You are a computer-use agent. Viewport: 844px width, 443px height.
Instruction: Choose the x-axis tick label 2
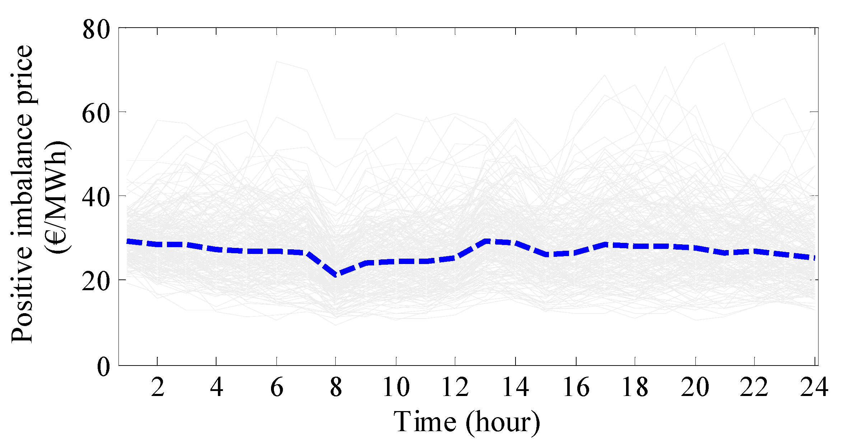click(x=157, y=388)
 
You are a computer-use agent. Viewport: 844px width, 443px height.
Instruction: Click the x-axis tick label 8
click(x=336, y=388)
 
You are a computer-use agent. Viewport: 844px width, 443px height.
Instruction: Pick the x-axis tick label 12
click(x=455, y=388)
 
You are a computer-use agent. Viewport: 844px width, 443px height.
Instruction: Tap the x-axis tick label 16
click(x=576, y=388)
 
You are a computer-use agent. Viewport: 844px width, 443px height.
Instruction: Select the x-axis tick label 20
click(x=695, y=388)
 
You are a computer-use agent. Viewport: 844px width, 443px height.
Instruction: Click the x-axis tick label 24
click(x=814, y=388)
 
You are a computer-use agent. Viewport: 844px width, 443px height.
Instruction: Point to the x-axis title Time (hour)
click(x=467, y=422)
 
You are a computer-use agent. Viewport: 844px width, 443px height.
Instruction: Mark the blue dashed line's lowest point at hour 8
click(x=336, y=275)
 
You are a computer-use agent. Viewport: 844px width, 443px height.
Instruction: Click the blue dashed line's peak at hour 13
click(x=486, y=241)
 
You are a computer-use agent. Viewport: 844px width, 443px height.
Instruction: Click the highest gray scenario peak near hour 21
click(x=724, y=43)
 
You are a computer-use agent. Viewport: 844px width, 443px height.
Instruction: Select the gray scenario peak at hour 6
click(x=277, y=62)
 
